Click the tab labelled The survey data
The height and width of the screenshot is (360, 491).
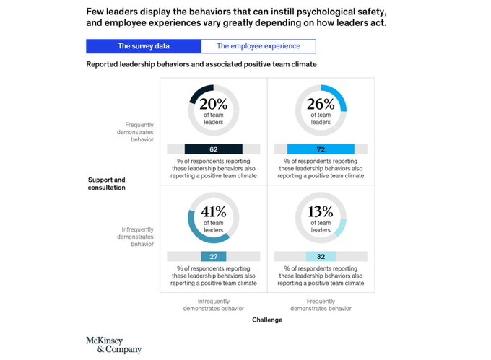pos(143,46)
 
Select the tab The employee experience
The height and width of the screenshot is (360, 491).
pos(258,46)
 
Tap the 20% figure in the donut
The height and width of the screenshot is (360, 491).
pos(214,103)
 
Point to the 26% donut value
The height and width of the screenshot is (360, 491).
pos(321,103)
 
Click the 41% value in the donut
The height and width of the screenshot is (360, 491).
pos(214,212)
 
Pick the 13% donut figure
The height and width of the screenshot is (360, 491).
pos(321,211)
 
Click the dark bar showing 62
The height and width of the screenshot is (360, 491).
pos(213,149)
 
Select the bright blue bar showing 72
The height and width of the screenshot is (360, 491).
pos(321,149)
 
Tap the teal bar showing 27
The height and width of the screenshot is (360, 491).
pos(213,256)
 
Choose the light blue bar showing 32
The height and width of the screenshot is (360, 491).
pos(321,256)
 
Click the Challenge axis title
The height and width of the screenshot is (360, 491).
pos(267,320)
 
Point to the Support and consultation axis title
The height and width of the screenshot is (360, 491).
pos(107,183)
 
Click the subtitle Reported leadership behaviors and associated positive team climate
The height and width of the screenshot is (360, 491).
pos(201,64)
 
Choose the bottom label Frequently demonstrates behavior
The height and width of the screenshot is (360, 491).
pos(321,304)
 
